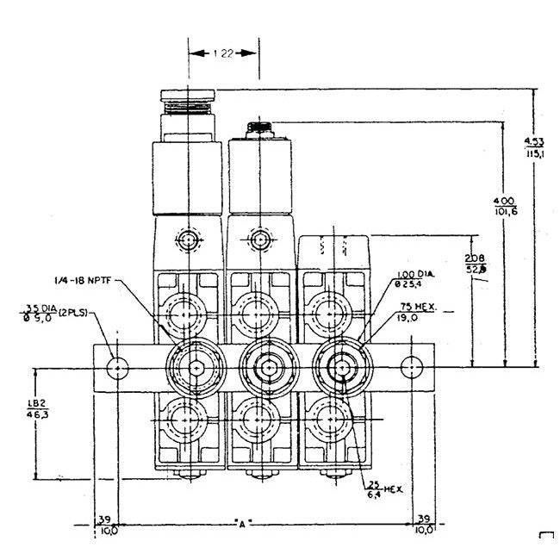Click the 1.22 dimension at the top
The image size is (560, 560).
coord(223,53)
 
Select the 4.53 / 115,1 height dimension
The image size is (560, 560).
coord(533,146)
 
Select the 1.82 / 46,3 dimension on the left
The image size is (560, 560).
coord(36,408)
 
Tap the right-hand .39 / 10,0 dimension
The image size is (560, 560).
coord(424,526)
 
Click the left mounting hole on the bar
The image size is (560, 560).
coord(116,368)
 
